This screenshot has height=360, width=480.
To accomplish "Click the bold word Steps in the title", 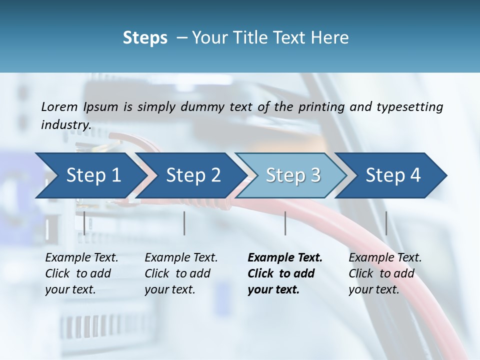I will (145, 37).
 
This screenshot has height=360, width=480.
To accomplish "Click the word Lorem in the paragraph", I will (59, 106).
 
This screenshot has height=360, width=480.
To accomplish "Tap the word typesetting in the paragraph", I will (406, 106).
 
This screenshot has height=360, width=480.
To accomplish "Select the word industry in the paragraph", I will (65, 124).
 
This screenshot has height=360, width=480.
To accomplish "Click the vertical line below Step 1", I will (84, 223).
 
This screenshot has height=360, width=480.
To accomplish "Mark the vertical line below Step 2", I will (184, 223).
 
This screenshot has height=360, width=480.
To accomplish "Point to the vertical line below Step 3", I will (285, 223).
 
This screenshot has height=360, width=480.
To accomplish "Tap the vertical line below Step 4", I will (386, 223).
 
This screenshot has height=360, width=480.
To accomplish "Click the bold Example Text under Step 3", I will (285, 258).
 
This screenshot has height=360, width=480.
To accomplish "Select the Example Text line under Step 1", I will (81, 258).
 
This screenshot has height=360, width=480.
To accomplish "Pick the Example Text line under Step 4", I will (385, 258).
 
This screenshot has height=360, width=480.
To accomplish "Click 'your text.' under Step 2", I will (169, 289).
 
